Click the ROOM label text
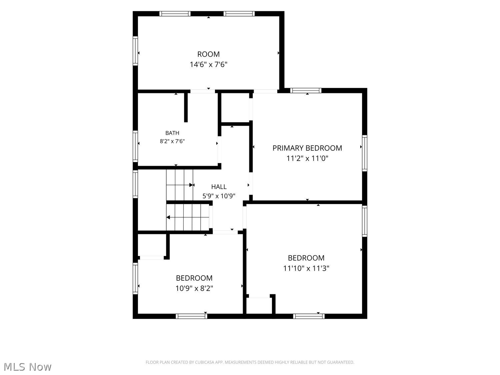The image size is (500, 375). point(208,54)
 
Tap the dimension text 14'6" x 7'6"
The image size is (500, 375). point(208,64)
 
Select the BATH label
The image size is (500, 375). point(172,133)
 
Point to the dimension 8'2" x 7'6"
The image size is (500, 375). point(172,141)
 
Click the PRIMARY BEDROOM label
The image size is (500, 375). point(307,148)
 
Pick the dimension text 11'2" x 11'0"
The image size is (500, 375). point(307,158)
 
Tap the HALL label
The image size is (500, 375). point(219,187)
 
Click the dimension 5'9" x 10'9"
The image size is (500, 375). point(219,196)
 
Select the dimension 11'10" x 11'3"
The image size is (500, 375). point(306,268)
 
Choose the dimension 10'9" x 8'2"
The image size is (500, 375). point(194,288)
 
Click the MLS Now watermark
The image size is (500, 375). point(27,367)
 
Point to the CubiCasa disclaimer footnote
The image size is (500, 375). point(250,362)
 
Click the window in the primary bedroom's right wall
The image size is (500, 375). point(364,153)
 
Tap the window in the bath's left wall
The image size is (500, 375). point(135,146)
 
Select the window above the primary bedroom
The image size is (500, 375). point(306,91)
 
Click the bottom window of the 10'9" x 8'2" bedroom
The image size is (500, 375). point(191,316)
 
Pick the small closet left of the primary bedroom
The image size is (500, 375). point(235,107)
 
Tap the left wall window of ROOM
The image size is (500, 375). point(135,51)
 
